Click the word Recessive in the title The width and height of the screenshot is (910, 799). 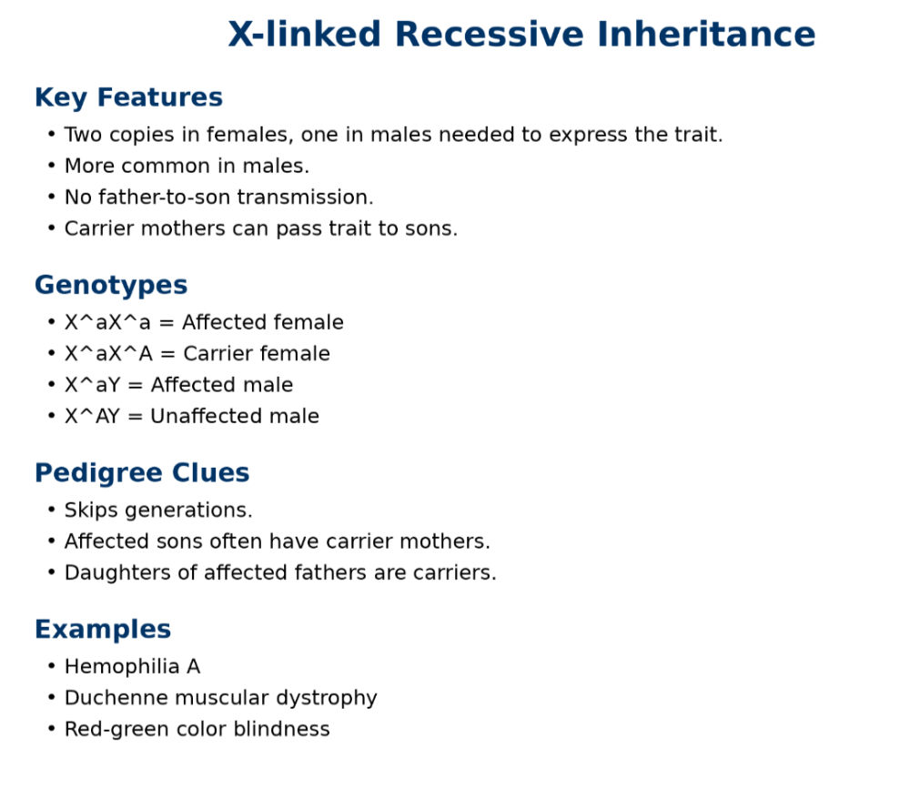tap(489, 34)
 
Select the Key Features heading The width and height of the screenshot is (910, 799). tap(128, 97)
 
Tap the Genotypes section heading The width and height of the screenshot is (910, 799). tap(111, 286)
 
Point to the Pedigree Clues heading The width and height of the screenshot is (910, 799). tap(142, 473)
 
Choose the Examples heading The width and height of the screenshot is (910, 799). tap(103, 629)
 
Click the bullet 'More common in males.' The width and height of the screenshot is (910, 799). tap(187, 166)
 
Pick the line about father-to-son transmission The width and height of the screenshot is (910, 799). tap(218, 197)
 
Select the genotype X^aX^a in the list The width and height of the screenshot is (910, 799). tap(107, 322)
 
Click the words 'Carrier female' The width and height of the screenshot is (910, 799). tap(257, 353)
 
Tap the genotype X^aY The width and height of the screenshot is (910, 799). tap(92, 385)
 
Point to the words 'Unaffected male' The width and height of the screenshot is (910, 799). tap(235, 416)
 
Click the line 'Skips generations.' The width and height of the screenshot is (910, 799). tap(158, 510)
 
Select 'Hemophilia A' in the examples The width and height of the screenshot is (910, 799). tap(132, 666)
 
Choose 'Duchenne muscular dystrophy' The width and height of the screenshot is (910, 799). tap(220, 697)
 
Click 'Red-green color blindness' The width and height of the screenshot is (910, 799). tap(197, 729)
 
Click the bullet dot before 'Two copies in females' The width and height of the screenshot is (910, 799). tap(52, 135)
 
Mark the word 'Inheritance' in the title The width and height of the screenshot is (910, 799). tap(706, 34)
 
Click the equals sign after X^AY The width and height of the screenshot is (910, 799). tap(136, 416)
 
